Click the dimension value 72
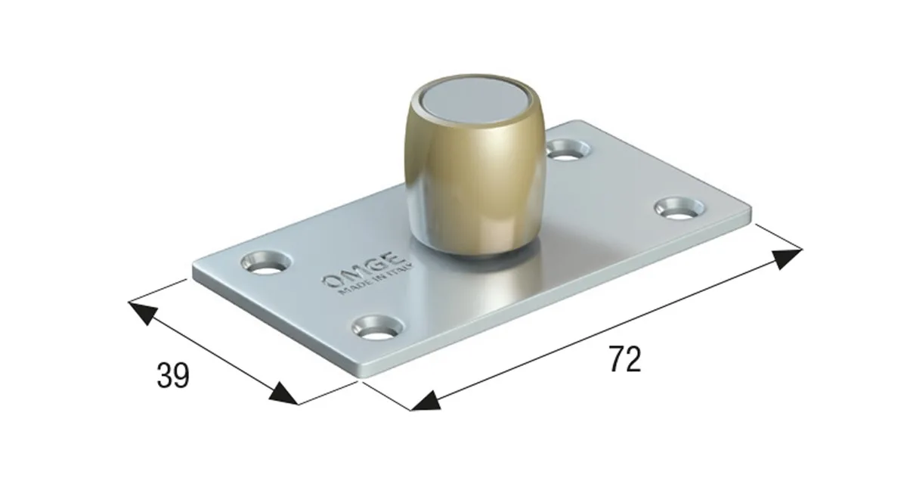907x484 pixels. click(x=625, y=359)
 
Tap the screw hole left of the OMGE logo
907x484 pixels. click(x=266, y=263)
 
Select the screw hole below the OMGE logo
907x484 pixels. click(x=378, y=328)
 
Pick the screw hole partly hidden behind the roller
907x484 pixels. click(x=568, y=150)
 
